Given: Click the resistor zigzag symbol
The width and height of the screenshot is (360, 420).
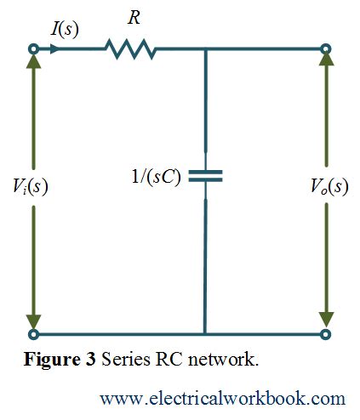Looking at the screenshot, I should click(x=130, y=50).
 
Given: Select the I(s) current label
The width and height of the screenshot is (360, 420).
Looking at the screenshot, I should click(x=65, y=28).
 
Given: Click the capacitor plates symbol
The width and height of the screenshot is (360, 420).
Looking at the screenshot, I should click(x=204, y=175).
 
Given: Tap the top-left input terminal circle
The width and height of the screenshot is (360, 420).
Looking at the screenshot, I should click(x=33, y=50).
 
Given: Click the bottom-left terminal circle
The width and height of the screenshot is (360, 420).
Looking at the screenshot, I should click(x=33, y=334).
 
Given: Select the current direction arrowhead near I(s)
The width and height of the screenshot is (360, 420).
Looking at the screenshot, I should click(x=56, y=50).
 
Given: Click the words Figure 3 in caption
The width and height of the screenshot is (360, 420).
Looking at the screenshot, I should click(x=59, y=359).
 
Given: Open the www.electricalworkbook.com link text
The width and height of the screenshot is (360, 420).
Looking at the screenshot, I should click(x=222, y=398).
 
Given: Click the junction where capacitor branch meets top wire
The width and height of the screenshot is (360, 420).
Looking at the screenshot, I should click(x=204, y=50).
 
